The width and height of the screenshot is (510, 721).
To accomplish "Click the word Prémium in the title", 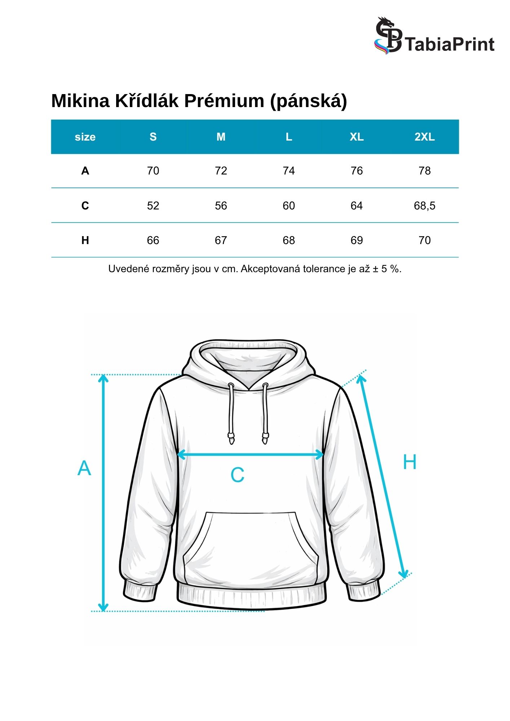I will pos(224,101).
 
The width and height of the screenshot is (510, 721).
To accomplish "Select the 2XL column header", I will pos(425,137).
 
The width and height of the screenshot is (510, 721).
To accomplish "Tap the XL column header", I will pos(356,137).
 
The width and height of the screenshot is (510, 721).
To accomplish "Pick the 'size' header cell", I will pos(85,137).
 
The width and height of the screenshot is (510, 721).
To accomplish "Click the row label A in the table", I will pos(85,171).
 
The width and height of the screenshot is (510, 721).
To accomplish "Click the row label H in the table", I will pos(85,240).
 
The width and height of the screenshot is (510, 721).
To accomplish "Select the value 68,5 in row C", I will pos(425,206).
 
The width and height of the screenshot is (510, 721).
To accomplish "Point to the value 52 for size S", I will pos(153,206).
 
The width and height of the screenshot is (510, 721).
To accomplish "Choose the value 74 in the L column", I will pos(289,171).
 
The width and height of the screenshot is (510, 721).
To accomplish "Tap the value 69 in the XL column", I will pos(356,240).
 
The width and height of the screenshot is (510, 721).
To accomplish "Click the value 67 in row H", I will pos(221,240).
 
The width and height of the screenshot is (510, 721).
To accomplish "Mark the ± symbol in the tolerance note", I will pos(375,269).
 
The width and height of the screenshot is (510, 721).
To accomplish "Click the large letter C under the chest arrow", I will pos(237,475).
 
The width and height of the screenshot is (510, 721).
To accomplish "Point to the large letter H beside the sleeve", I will pos(409,462).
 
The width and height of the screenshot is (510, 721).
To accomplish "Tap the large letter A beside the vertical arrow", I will pos(84,469).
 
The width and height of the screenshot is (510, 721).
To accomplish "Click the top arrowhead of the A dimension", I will pos(104,378).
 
